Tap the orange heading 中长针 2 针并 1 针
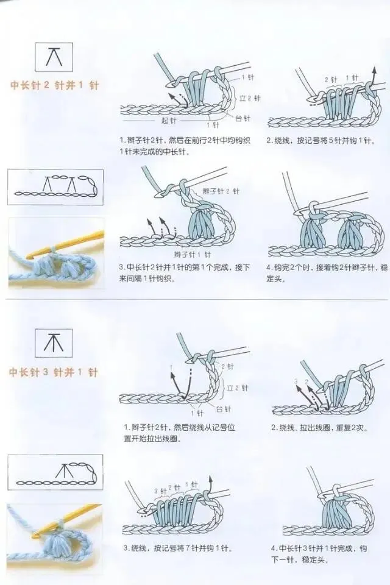pos(54,86)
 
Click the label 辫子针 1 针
pos(192,254)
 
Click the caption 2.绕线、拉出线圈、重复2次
pos(319,428)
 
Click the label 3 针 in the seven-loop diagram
pos(160,491)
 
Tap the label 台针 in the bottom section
pos(223,408)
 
